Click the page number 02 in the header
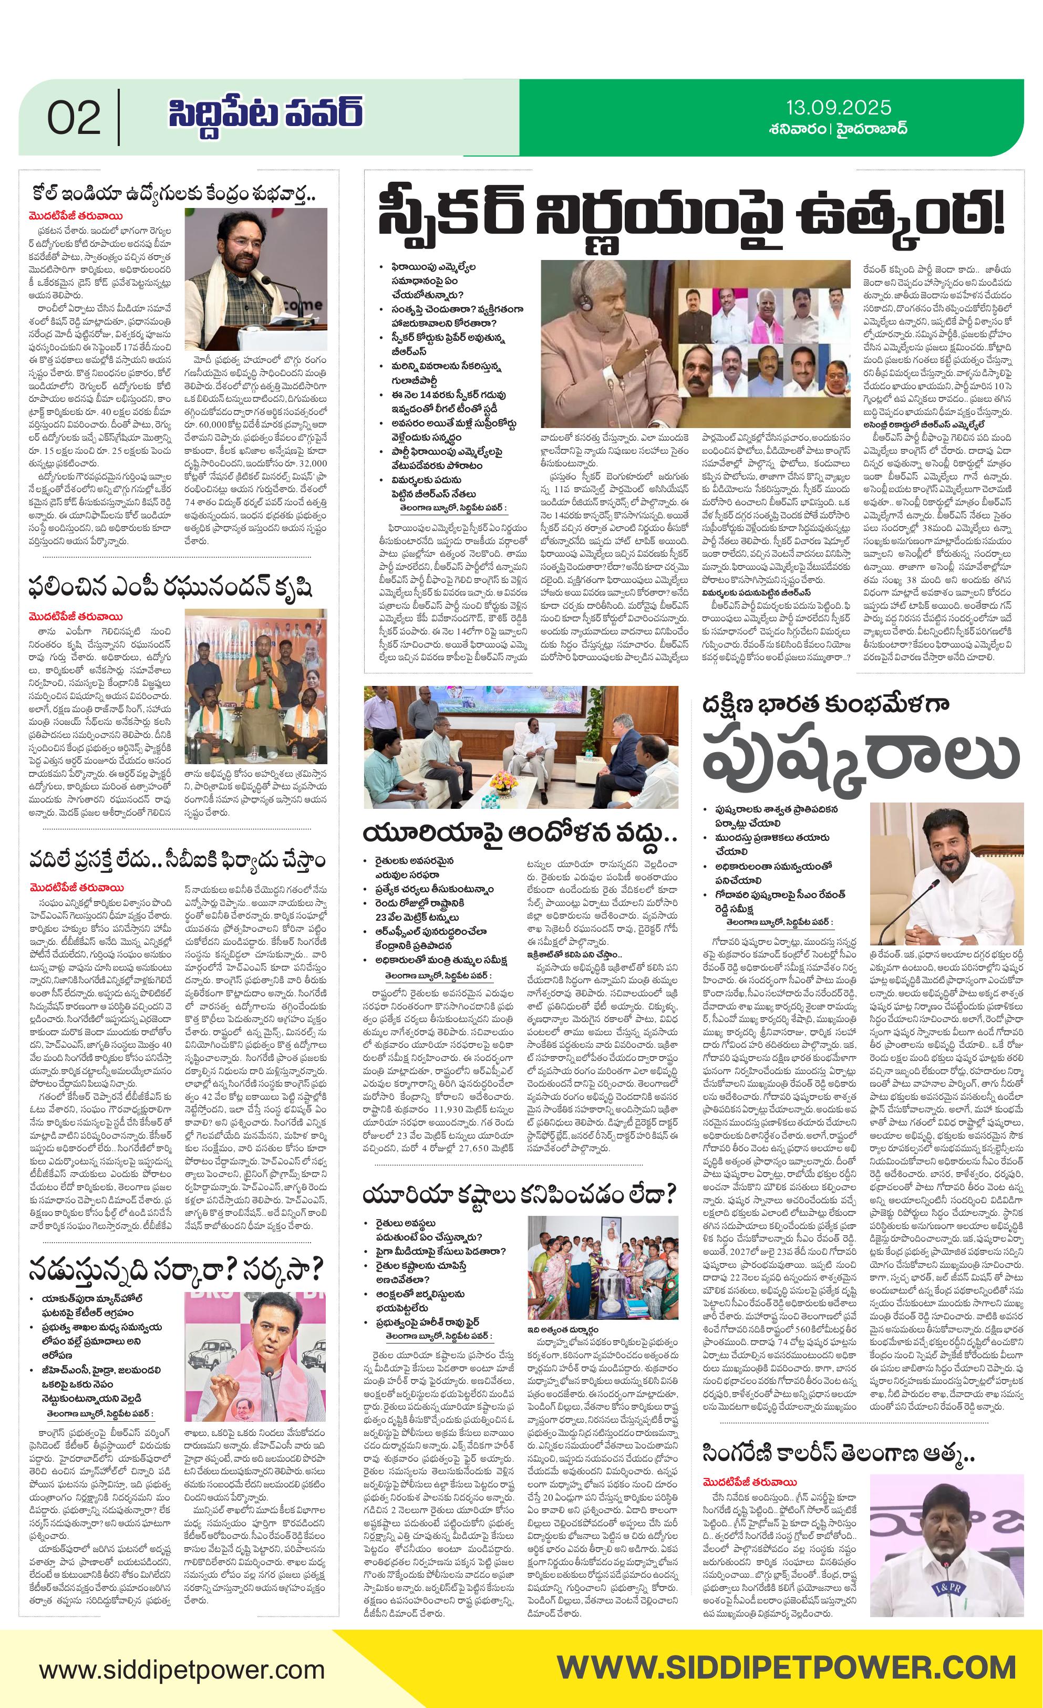tap(74, 118)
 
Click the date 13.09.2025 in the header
tap(838, 108)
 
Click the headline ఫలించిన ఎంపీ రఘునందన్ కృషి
tap(171, 587)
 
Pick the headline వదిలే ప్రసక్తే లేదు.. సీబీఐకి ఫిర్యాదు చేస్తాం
tap(177, 860)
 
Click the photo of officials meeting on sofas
tap(521, 747)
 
